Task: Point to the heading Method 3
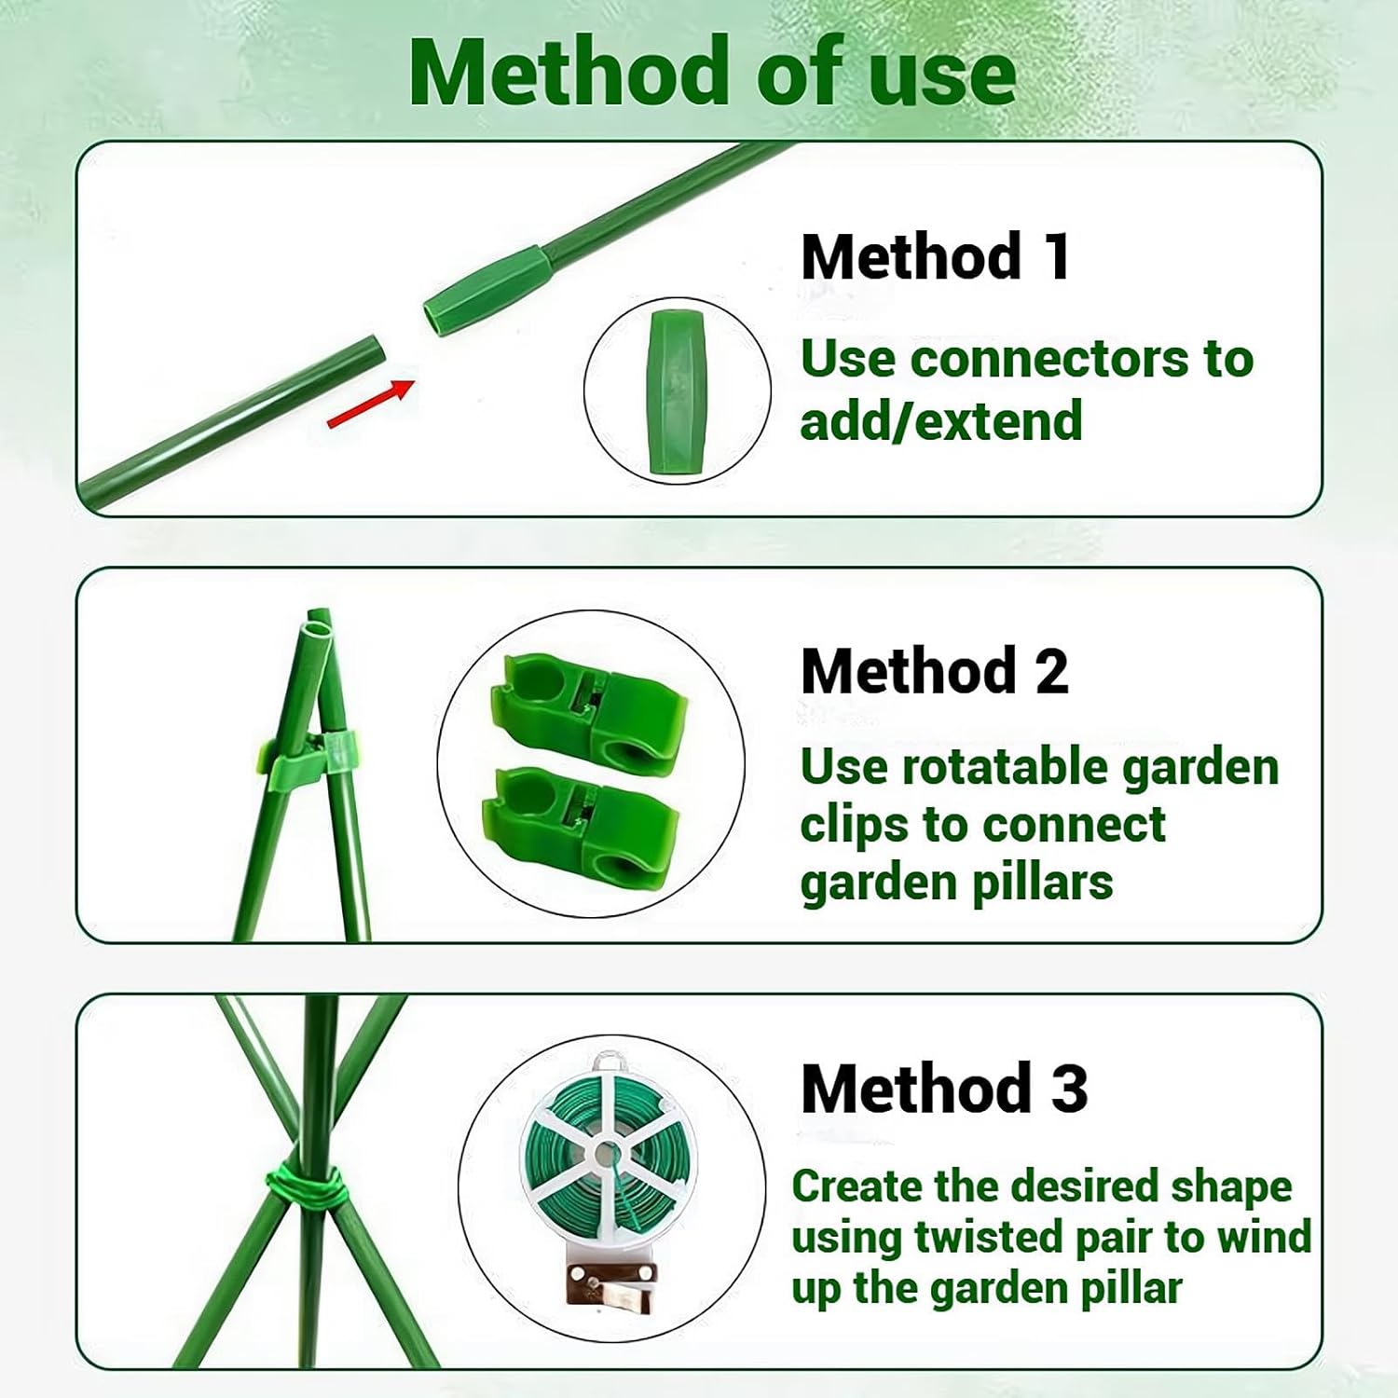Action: (x=943, y=1088)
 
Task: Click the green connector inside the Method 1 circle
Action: (x=678, y=391)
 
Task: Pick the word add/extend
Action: (x=940, y=421)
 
